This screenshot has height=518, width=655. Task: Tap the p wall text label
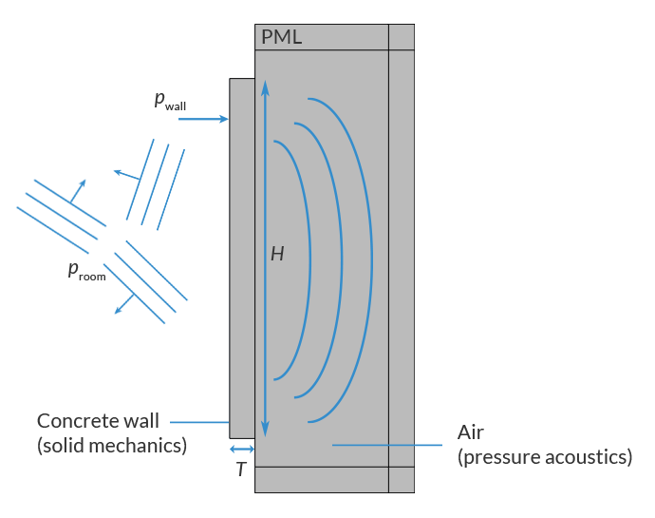click(x=177, y=102)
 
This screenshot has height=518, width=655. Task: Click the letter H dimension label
click(x=277, y=255)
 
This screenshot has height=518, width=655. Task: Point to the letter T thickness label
click(x=241, y=470)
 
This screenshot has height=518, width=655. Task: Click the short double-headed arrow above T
click(x=242, y=449)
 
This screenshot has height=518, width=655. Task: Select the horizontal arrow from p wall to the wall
click(x=203, y=120)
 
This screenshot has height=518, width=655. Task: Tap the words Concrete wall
click(x=98, y=420)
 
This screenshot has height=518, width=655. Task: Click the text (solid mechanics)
click(x=111, y=444)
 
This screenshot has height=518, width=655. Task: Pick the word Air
click(x=472, y=432)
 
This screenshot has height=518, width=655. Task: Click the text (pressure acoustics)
click(x=544, y=457)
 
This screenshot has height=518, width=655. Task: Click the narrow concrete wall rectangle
click(x=242, y=257)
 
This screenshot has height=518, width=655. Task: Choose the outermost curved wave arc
click(x=368, y=257)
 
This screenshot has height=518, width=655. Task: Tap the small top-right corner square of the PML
click(x=402, y=37)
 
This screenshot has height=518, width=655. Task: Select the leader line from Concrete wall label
click(x=200, y=421)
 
